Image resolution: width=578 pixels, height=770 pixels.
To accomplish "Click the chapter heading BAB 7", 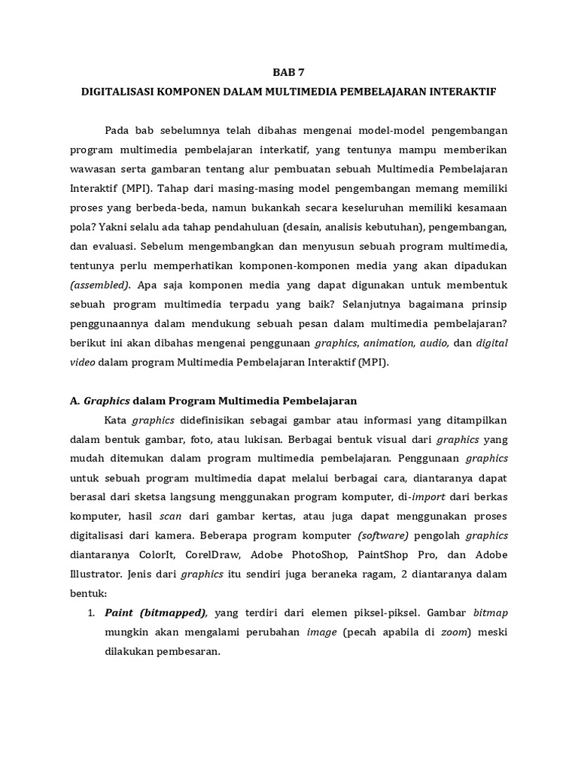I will tap(289, 73).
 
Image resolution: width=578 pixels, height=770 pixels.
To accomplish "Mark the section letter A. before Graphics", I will tap(75, 401).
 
